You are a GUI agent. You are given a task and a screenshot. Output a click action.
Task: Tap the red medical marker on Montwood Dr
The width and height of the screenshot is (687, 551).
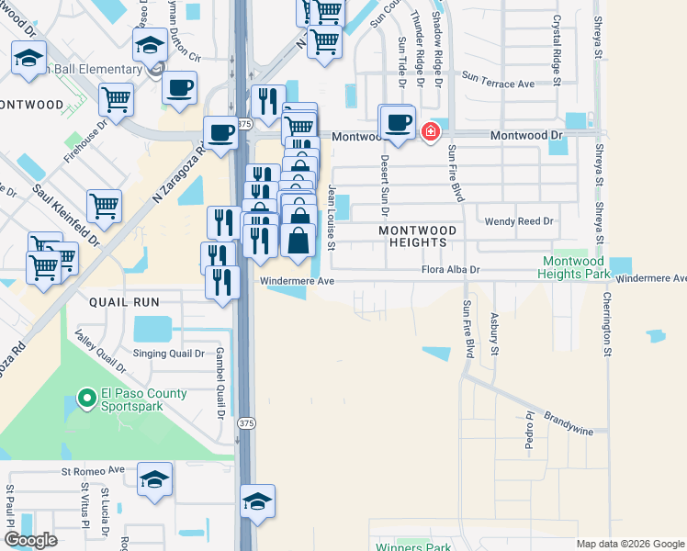click(429, 134)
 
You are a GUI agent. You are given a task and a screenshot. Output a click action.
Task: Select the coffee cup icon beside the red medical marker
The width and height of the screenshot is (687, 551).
click(398, 123)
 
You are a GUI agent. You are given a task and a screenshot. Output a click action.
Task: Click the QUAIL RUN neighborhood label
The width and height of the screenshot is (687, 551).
click(124, 301)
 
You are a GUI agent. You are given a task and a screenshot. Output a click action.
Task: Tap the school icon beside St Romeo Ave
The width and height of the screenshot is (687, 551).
click(154, 480)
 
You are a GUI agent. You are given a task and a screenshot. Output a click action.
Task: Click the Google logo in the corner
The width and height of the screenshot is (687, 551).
click(30, 540)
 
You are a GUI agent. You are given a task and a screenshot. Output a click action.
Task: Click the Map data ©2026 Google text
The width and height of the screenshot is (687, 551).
click(630, 544)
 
